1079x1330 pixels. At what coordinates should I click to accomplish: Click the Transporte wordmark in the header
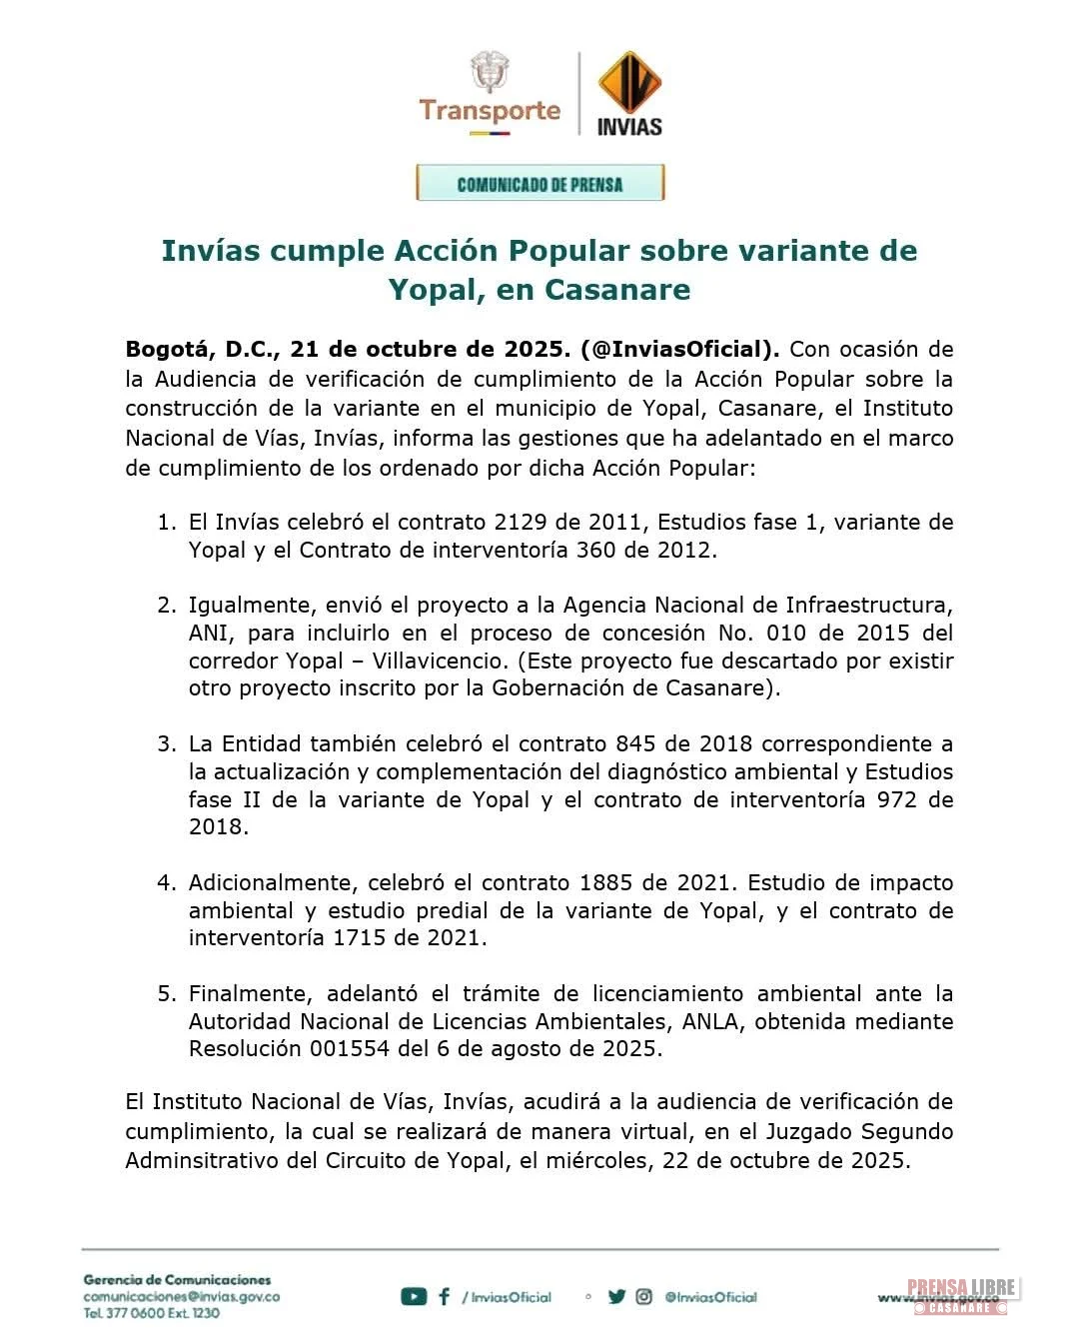490,110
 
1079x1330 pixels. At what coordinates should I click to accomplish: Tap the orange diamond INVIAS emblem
629,84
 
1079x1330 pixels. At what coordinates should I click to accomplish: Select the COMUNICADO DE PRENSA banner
539,184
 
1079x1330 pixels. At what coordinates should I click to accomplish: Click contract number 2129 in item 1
519,522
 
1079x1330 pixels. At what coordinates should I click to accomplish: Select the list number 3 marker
166,744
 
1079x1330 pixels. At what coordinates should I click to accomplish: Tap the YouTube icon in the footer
413,1297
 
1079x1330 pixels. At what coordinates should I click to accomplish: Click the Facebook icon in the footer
445,1297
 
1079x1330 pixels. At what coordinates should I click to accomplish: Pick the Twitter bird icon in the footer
616,1297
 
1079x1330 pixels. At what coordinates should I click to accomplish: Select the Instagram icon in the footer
644,1297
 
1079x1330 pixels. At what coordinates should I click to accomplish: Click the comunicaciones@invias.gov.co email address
181,1297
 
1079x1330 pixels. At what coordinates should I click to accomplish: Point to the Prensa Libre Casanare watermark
960,1296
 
